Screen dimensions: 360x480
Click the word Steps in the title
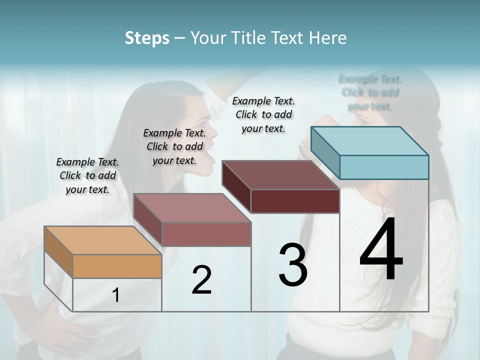point(147,38)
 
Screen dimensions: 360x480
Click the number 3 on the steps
point(292,265)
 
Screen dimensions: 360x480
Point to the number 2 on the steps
point(201,280)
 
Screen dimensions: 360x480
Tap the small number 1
point(116,295)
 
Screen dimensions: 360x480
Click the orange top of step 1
point(102,240)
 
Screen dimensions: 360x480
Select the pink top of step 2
point(192,207)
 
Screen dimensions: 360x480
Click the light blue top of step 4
point(370,140)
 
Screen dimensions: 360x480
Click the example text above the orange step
point(87,175)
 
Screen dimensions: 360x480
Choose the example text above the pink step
point(174,146)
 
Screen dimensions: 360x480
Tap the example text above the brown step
point(263,114)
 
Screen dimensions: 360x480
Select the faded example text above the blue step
point(370,92)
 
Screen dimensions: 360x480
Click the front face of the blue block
point(384,167)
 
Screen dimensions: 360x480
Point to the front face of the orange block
point(117,266)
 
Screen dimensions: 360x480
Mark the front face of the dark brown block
point(295,201)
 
